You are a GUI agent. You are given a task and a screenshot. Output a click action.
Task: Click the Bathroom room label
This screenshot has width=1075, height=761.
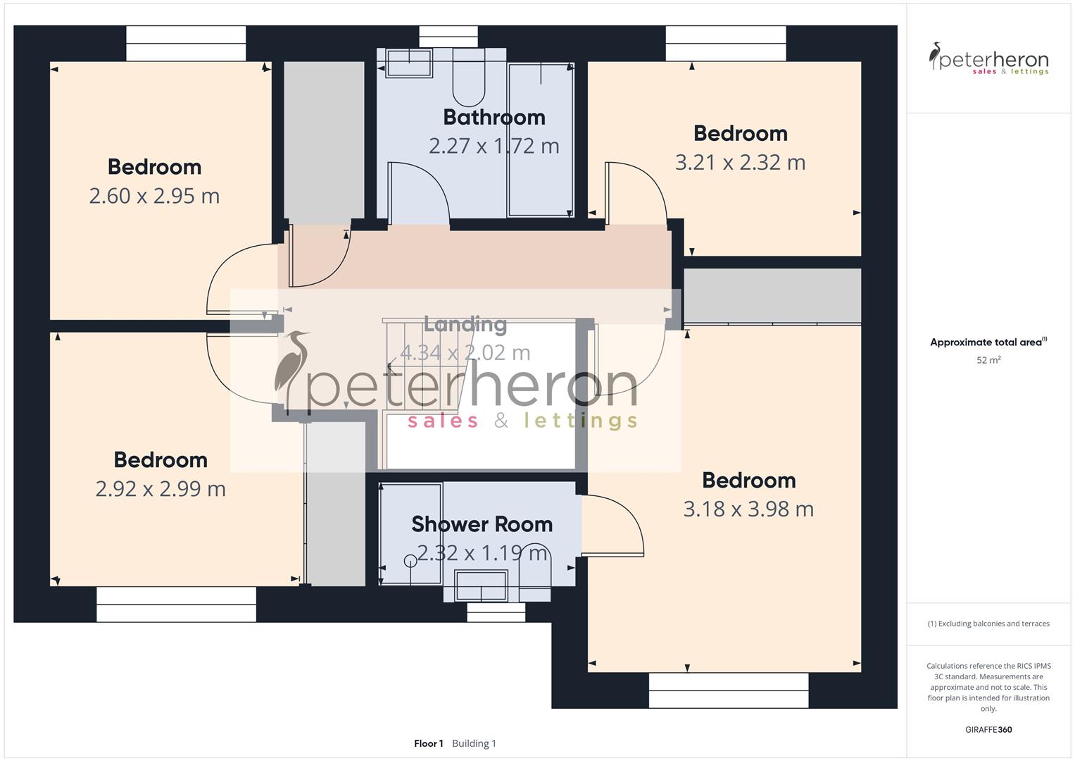coord(494,117)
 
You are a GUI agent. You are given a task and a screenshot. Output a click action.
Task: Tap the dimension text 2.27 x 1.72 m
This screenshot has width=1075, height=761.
coord(494,146)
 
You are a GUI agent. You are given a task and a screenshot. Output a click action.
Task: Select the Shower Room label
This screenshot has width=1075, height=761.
coord(482,524)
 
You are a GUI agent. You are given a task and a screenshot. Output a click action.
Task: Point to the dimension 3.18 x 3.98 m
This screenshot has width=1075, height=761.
coord(748,509)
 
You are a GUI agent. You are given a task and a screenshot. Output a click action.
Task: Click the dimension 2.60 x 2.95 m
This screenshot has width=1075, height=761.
coord(154,196)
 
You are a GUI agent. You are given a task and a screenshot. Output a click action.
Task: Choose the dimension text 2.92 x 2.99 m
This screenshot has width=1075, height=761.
coord(161,489)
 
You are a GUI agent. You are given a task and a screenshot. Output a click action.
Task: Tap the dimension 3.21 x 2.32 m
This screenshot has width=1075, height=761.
coord(740,163)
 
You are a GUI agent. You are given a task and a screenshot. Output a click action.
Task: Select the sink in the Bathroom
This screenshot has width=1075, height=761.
coord(408,63)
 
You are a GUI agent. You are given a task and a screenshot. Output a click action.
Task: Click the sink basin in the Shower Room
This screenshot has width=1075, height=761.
coord(481,586)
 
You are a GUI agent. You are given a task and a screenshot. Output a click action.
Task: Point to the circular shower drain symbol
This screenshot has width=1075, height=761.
coord(410,561)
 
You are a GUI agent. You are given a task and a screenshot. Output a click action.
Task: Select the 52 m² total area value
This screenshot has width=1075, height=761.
coord(988,360)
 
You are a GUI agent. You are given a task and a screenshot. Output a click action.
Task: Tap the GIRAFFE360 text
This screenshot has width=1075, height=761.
coord(988,730)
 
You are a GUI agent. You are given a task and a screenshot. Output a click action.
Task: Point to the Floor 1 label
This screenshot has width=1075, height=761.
coord(428,743)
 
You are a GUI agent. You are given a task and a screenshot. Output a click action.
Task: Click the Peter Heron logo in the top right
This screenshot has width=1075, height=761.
coord(988,58)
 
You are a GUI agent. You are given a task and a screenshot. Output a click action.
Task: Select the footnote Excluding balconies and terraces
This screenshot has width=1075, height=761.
coord(988,624)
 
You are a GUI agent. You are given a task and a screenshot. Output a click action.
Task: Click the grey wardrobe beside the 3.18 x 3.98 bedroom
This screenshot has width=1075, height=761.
coord(772,295)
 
